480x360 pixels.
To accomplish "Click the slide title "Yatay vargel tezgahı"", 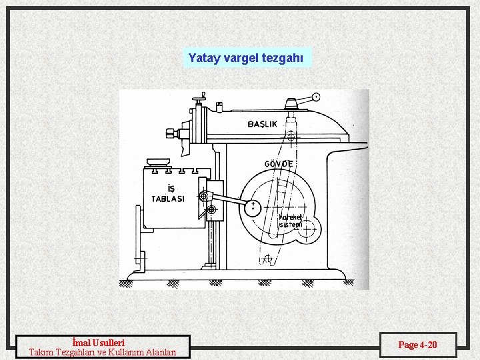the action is coord(246,58).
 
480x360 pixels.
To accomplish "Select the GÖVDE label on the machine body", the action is coord(279,164).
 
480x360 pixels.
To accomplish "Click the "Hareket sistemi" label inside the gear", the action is coord(290,221).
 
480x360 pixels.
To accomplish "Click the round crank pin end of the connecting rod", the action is coord(253,207).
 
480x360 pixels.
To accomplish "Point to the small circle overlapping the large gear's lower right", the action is coord(309,225).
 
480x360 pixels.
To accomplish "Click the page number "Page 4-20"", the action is coord(417,345).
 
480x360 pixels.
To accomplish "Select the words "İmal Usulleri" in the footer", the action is coord(103,343).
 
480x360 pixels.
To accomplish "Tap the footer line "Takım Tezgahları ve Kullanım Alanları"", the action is coord(103,352).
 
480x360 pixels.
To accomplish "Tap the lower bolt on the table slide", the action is coord(211,211).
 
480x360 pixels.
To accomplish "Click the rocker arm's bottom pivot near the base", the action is coord(267,259).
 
